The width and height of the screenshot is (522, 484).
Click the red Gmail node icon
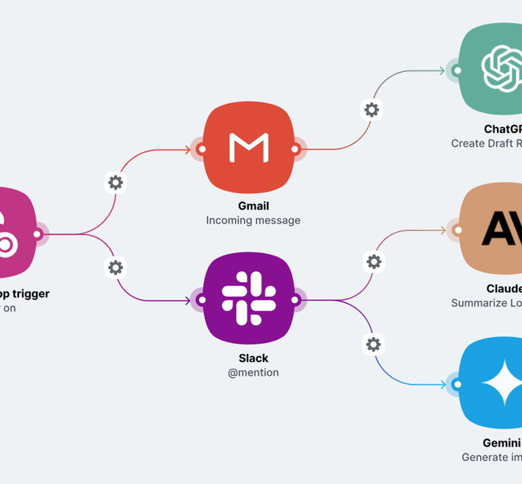[x=249, y=148]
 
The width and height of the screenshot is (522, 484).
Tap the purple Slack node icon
[x=249, y=300]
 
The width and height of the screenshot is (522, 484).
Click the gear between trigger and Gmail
[x=116, y=182]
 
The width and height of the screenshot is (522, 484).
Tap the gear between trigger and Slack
[x=116, y=267]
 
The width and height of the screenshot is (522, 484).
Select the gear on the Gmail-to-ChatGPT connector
[x=371, y=109]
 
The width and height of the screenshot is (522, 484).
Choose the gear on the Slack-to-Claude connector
[x=373, y=261]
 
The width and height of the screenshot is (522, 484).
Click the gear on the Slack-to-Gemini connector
[x=373, y=345]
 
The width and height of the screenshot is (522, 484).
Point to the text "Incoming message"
[x=253, y=220]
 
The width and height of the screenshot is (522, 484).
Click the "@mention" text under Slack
[x=253, y=373]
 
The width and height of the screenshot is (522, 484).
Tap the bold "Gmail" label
[x=253, y=206]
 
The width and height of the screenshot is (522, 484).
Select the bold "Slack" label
[x=253, y=358]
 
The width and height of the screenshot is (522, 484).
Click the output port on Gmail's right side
[x=295, y=149]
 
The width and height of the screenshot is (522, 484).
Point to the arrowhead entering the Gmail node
[x=188, y=149]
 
